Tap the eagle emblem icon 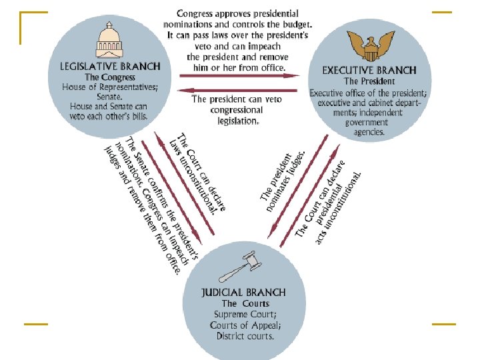[368, 46]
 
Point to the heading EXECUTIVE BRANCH [369, 70]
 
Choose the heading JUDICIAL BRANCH [244, 292]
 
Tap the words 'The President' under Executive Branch [369, 81]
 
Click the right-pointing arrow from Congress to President [240, 75]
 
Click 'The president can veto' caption [236, 99]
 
